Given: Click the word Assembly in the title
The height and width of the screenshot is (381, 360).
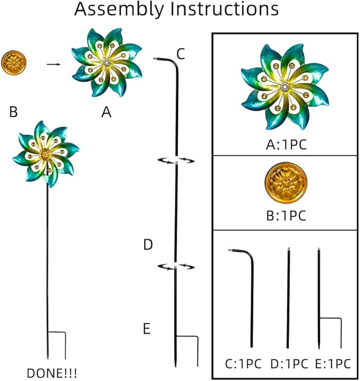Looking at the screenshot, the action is point(119,10).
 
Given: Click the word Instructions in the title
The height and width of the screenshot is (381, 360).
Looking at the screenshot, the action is point(224,9).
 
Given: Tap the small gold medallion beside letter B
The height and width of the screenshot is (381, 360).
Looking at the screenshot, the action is point(14,63).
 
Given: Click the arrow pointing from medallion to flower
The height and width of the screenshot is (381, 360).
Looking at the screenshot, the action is point(54,65).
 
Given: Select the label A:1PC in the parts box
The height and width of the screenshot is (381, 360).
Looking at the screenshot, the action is point(286,145).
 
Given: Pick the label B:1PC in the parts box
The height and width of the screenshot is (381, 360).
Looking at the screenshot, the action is point(286,215).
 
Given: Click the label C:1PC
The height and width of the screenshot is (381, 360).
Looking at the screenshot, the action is point(243,364).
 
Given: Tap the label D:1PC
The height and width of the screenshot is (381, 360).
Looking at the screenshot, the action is point(289,364).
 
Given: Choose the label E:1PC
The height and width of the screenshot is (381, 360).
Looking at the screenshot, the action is point(333,364).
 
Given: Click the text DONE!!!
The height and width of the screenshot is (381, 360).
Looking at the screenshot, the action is point(52,373).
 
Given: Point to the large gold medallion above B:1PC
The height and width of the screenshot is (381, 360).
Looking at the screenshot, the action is point(286,183).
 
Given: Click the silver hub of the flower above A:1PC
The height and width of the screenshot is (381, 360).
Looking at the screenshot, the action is point(284,87).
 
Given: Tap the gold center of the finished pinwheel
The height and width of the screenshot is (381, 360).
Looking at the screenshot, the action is point(45,154).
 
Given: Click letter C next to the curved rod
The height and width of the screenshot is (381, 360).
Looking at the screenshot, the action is point(181,54).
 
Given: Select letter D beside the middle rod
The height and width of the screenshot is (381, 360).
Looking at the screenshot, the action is point(148,244).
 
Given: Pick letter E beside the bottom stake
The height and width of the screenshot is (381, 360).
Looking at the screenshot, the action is point(146,329).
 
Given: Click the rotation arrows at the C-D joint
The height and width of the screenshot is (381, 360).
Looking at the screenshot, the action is point(176,161).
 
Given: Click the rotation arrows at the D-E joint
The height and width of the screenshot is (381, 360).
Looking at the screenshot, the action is point(176,267).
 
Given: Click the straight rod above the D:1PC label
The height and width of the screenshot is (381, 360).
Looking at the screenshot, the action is point(288,298).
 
